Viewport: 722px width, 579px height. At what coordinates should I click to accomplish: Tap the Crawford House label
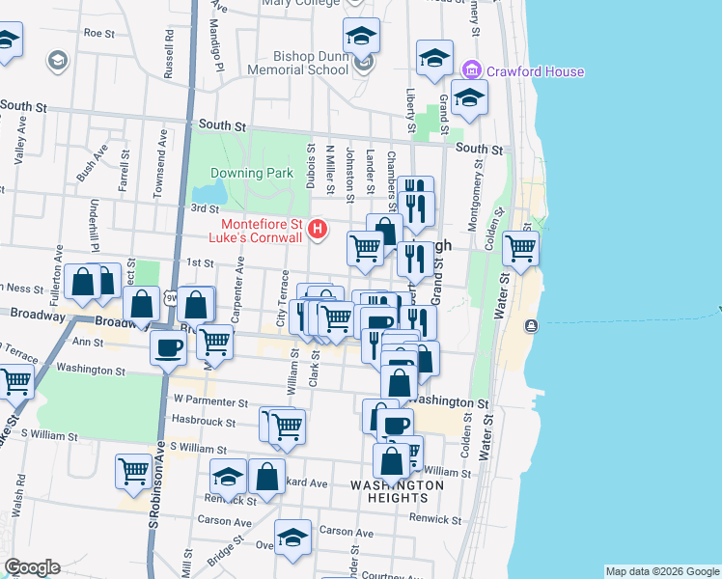tap(534, 71)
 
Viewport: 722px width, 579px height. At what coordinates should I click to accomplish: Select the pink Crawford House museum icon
tap(471, 70)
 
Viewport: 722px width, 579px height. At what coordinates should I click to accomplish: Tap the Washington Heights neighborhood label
tap(397, 491)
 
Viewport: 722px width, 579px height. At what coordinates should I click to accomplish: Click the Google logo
tap(32, 567)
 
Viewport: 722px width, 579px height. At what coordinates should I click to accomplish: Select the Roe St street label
tap(99, 32)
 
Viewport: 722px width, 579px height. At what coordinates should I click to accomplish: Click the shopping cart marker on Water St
tap(520, 249)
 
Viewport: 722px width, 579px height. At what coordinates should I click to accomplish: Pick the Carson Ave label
tap(346, 532)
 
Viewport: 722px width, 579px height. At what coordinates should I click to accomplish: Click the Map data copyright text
tap(661, 571)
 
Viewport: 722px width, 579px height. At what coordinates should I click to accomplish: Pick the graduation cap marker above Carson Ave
tap(292, 538)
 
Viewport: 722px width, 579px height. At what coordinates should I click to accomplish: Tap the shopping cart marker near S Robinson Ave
tap(133, 472)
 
